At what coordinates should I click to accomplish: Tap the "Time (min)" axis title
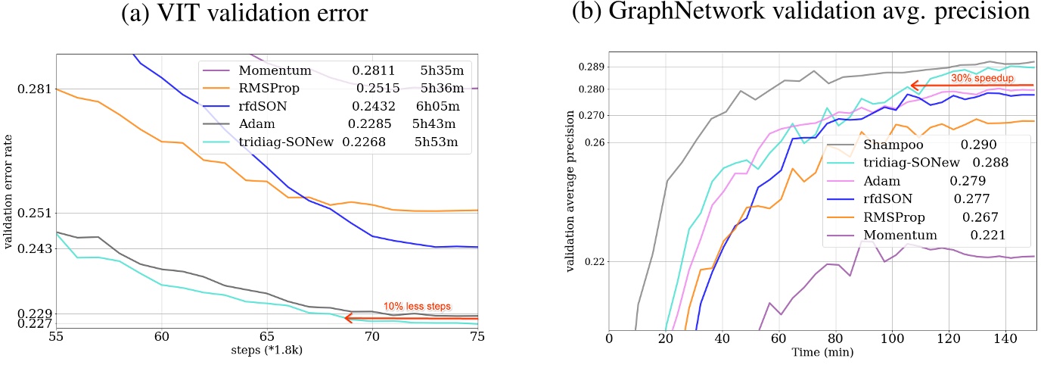click(x=823, y=352)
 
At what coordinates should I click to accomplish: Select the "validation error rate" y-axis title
click(x=9, y=198)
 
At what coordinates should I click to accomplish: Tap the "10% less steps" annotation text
click(x=417, y=307)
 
